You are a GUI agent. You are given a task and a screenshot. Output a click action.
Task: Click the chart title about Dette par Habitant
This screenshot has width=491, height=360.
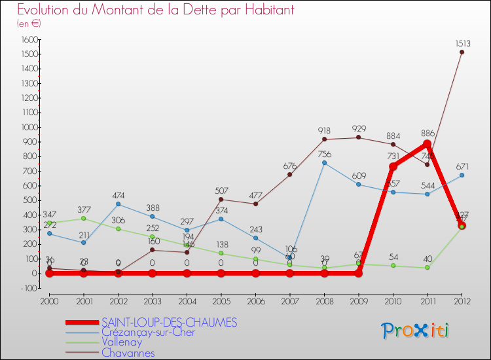click(x=155, y=10)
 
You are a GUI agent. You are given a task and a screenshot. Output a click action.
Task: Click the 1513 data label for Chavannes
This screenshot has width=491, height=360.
click(x=462, y=43)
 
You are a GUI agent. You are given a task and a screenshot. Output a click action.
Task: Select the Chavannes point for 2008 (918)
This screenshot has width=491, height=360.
click(x=324, y=139)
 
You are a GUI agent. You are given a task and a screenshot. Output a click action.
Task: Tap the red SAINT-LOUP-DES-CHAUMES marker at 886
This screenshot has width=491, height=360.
click(x=427, y=144)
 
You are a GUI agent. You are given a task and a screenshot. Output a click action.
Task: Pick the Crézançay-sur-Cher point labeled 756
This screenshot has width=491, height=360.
click(x=324, y=162)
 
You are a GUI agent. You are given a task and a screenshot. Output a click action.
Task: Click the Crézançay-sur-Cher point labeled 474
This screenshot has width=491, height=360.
click(x=118, y=204)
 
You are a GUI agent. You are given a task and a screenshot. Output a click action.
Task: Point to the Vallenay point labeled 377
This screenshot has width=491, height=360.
click(x=83, y=218)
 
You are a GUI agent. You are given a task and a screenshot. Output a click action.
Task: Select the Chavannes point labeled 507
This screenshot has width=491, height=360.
click(x=221, y=199)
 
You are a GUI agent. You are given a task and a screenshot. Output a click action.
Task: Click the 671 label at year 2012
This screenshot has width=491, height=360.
click(x=462, y=166)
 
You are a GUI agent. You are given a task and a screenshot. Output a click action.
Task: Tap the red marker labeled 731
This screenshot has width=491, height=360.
click(x=393, y=166)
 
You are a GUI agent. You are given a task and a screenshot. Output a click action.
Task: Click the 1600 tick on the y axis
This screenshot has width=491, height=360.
click(x=29, y=39)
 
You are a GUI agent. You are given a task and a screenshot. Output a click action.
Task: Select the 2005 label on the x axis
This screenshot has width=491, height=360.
click(x=221, y=300)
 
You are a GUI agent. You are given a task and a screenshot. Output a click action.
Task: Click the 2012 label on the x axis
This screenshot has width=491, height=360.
click(x=462, y=300)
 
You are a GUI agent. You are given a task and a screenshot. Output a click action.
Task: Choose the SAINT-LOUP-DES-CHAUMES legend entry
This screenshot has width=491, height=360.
click(x=169, y=323)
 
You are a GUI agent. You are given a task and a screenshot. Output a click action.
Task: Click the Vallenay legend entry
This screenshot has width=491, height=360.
click(x=121, y=342)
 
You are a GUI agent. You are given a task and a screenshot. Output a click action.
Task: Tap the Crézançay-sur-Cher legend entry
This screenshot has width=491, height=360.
click(x=148, y=333)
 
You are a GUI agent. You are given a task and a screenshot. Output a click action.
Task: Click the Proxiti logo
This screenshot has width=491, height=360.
click(x=415, y=331)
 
